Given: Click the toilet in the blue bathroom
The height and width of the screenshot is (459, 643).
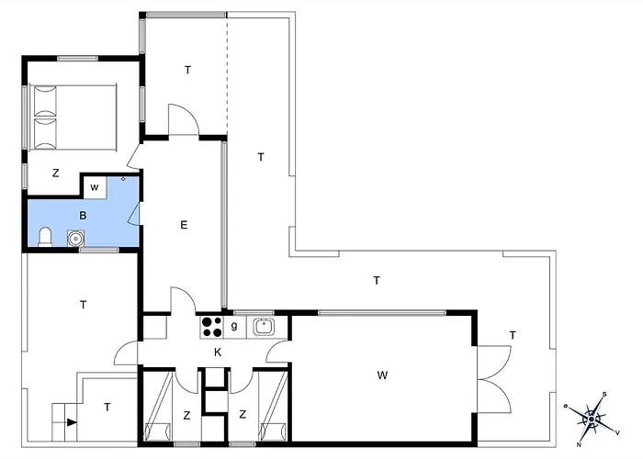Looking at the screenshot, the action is coord(45,238).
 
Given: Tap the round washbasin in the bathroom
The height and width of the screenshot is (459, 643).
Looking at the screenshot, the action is coord(75,238).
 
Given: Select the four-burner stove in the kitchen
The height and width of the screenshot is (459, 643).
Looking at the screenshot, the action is coord(211,328).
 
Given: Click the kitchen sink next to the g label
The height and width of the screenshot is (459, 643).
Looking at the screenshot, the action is coord(264,327).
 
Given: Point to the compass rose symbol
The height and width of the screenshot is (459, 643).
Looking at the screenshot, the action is coord(592,419).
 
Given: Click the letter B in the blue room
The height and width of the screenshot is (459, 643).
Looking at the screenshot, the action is coord(83,216).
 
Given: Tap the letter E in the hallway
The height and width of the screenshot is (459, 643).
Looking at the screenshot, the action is coord(184,225).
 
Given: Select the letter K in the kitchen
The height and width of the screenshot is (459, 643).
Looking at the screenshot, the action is coord(218,352).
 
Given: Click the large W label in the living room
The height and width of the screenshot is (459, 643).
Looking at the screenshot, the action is coord(382,375).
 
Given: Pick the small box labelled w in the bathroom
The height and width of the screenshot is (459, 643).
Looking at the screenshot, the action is coord(95,187).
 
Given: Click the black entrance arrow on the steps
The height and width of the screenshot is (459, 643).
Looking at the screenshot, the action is coord(73,422).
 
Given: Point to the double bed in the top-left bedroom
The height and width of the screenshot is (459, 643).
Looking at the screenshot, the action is coord(73,118).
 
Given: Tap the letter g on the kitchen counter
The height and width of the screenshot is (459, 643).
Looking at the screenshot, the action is coord(234,326).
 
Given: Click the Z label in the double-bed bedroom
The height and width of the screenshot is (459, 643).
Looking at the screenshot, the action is coord(55,173).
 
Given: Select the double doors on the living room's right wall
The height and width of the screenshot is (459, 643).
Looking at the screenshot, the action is coord(494,379).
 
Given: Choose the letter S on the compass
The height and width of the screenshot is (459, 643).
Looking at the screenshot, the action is coord(604,394).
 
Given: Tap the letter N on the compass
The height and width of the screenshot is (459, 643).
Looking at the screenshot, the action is coord(579,444).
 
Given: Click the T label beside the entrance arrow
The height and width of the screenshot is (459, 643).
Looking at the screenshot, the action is coord(107,408).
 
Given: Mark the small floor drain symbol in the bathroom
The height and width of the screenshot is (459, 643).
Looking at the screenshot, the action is coord(123,179).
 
